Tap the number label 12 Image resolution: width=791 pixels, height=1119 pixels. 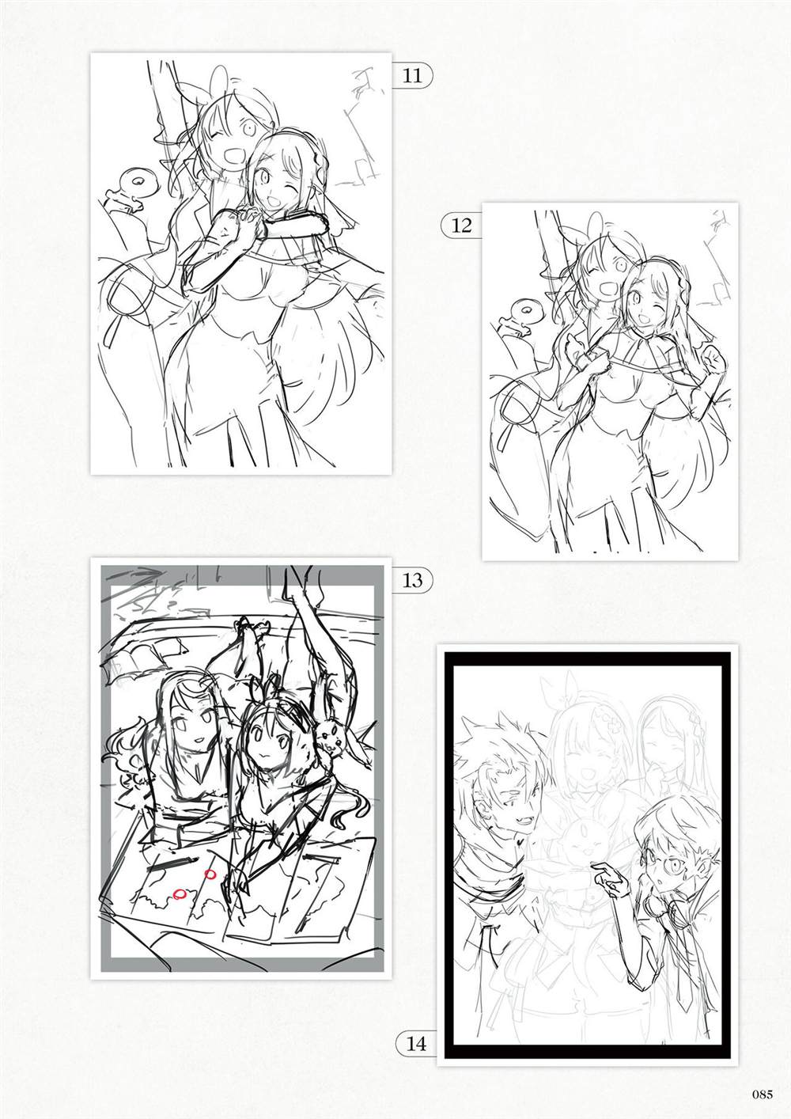pyautogui.click(x=461, y=226)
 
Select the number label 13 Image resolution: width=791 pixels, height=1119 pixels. pyautogui.click(x=413, y=580)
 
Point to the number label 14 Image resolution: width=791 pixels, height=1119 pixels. pyautogui.click(x=416, y=1043)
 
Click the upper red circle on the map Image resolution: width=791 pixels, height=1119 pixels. pyautogui.click(x=210, y=874)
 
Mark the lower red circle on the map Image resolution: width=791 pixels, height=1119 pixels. pyautogui.click(x=180, y=894)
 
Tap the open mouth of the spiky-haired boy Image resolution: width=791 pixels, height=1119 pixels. pyautogui.click(x=506, y=792)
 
